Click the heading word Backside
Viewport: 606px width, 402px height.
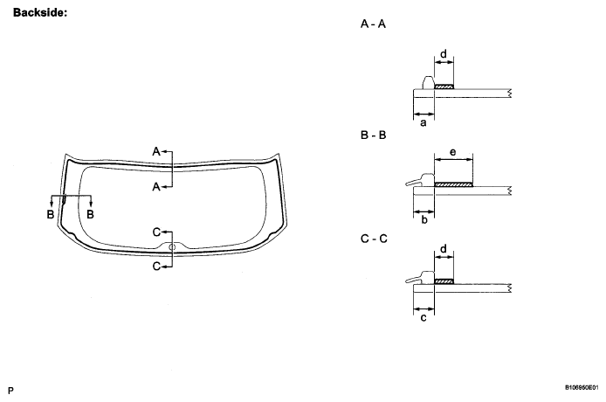pyautogui.click(x=41, y=13)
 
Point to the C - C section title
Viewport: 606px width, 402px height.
pyautogui.click(x=373, y=236)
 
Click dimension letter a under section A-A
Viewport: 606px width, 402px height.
pyautogui.click(x=424, y=123)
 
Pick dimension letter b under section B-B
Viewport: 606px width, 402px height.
pyautogui.click(x=424, y=221)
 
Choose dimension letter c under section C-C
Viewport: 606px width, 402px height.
pyautogui.click(x=424, y=318)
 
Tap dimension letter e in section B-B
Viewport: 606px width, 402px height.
pyautogui.click(x=452, y=152)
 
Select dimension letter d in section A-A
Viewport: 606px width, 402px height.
pyautogui.click(x=444, y=54)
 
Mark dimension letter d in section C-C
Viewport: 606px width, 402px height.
pyautogui.click(x=444, y=250)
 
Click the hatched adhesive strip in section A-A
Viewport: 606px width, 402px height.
pyautogui.click(x=444, y=87)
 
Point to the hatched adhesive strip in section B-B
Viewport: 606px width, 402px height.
pyautogui.click(x=453, y=184)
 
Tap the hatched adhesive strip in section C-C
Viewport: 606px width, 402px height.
pyautogui.click(x=444, y=281)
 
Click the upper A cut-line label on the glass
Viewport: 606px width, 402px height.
pyautogui.click(x=156, y=151)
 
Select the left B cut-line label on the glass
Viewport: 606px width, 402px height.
pyautogui.click(x=52, y=214)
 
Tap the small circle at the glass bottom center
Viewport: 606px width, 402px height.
pyautogui.click(x=172, y=248)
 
